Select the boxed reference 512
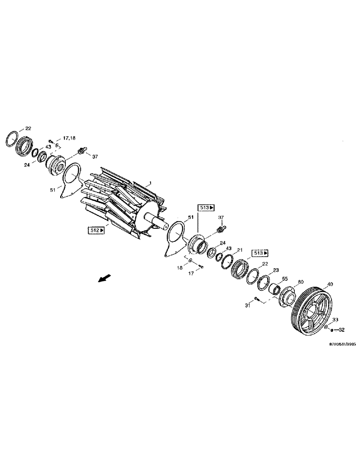95,229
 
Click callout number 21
240,250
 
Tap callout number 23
276,270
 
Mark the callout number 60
300,282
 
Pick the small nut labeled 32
330,330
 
